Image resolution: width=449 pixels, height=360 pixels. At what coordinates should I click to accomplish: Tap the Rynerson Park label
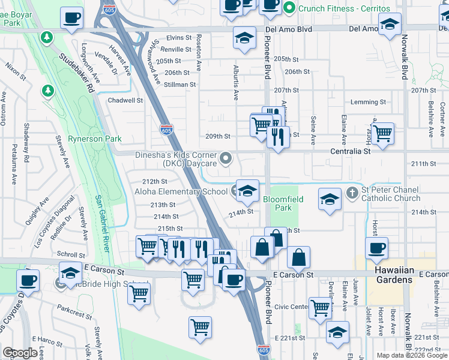pyautogui.click(x=94, y=139)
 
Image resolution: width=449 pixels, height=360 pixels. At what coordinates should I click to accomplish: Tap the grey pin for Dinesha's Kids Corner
pyautogui.click(x=226, y=158)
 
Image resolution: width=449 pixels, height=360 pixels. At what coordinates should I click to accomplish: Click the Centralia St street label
pyautogui.click(x=351, y=152)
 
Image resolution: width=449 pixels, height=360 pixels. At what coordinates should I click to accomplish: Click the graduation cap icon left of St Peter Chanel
pyautogui.click(x=330, y=200)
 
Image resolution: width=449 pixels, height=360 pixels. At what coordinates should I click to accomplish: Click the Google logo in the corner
pyautogui.click(x=20, y=353)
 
